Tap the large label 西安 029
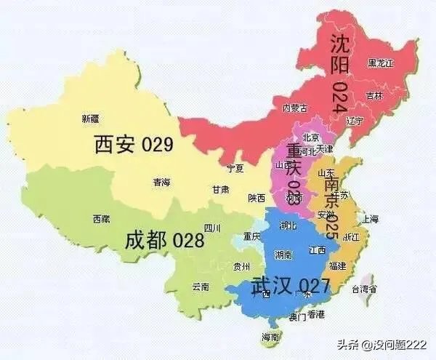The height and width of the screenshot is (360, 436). pyautogui.click(x=134, y=144)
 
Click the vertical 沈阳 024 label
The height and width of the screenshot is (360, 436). pyautogui.click(x=339, y=71)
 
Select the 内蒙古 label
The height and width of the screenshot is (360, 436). pyautogui.click(x=294, y=108)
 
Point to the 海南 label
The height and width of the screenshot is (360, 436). pyautogui.click(x=272, y=337)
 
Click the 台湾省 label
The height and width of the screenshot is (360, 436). pyautogui.click(x=365, y=289)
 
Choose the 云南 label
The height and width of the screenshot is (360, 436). pyautogui.click(x=201, y=287)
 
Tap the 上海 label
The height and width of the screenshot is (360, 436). pyautogui.click(x=371, y=218)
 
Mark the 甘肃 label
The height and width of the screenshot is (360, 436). pyautogui.click(x=220, y=189)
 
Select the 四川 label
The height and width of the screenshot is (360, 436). pyautogui.click(x=213, y=228)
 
